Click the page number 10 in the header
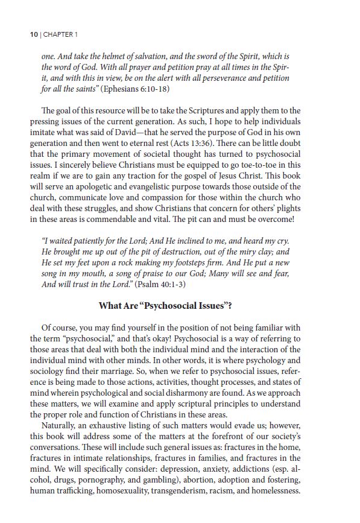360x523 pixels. pos(34,34)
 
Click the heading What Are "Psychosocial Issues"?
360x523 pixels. pos(165,305)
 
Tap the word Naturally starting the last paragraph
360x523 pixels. pos(62,425)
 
